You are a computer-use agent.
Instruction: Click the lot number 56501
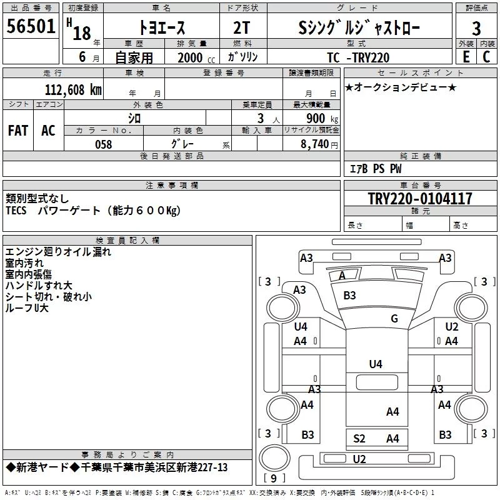coord(31,26)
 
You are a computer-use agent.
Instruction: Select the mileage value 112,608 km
coord(73,90)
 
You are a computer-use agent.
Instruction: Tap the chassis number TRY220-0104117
coord(420,198)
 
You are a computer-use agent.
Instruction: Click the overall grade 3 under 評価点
coord(476,29)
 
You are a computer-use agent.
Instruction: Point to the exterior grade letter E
coord(466,57)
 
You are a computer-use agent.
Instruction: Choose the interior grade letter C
coord(486,57)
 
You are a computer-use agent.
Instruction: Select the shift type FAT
coord(18,131)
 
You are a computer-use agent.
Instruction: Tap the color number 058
coord(104,144)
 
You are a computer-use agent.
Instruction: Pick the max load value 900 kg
coord(322,119)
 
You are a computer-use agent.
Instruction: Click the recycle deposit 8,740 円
coord(319,144)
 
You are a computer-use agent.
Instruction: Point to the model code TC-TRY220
coord(358,57)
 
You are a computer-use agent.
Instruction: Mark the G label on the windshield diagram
coord(394,318)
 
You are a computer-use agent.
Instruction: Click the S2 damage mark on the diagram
coord(359,439)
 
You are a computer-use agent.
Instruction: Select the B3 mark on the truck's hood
coord(349,295)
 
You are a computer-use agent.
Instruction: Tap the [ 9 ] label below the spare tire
coord(274,478)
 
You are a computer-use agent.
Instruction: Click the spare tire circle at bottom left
coord(274,458)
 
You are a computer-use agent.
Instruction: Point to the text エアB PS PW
coord(376,169)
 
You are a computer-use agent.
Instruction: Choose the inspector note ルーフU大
coord(27,307)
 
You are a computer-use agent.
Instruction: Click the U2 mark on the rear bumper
coord(359,459)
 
